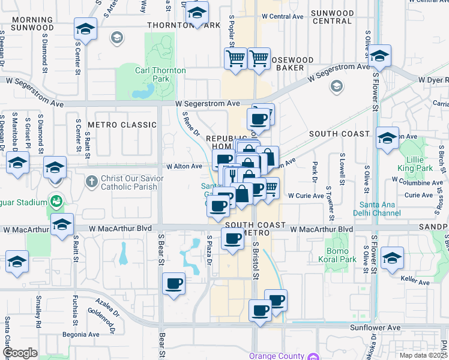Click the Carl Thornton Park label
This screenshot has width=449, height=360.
coord(160,74)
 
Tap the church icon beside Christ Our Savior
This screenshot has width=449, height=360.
coord(91,181)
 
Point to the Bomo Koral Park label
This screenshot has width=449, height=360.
coord(341,256)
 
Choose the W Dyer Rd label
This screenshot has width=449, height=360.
coord(433,79)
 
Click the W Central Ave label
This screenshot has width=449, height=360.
coord(283,16)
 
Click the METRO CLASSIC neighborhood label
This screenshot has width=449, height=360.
coord(122,125)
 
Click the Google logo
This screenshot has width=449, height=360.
coord(20,353)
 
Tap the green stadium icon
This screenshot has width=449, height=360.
coord(56,200)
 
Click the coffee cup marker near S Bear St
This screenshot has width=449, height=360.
coord(174,284)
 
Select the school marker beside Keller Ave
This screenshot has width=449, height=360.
coord(392,259)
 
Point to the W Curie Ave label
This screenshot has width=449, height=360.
coord(306,196)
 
